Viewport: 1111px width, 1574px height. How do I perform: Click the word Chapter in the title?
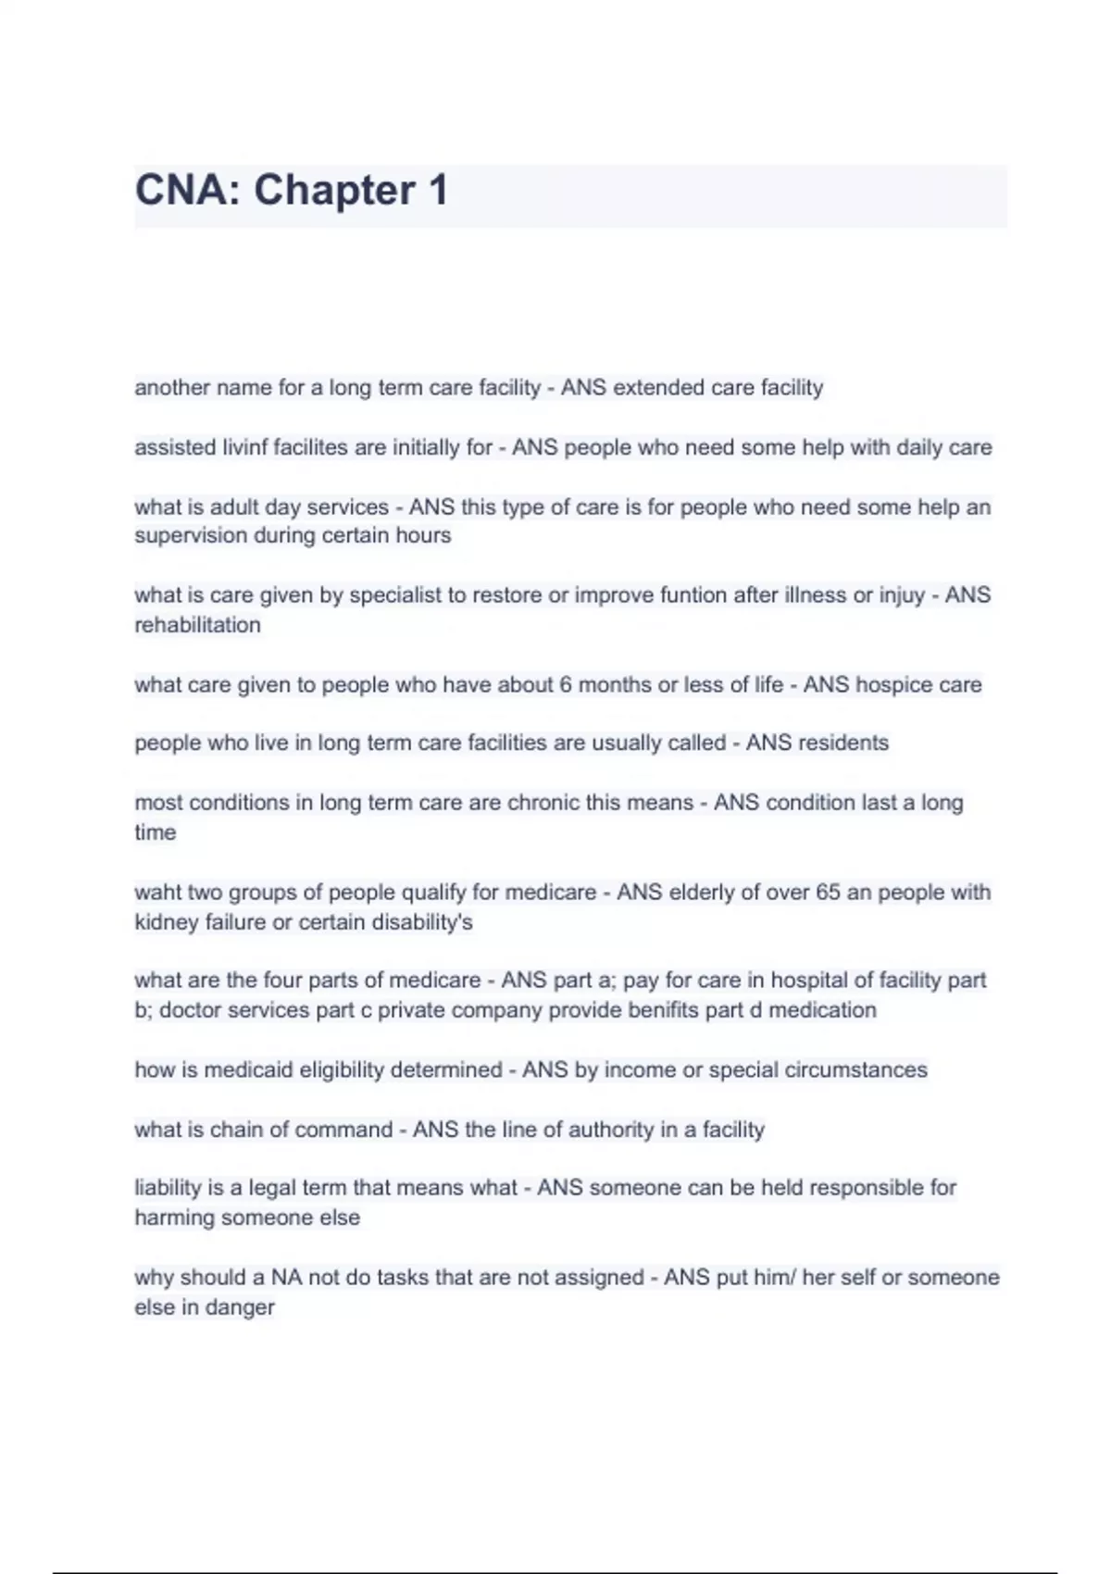(x=334, y=191)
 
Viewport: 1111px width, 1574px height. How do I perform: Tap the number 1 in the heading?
(x=438, y=191)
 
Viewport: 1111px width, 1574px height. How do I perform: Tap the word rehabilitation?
(x=197, y=625)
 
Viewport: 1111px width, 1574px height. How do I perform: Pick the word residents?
(x=843, y=743)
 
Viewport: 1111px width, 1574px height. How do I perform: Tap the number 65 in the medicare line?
(x=827, y=893)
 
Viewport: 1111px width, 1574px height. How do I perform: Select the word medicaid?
(x=239, y=1070)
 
